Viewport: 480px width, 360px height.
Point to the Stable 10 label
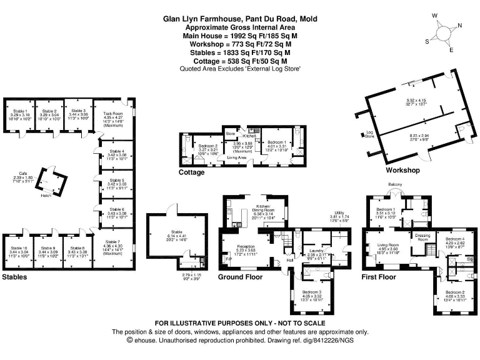pyautogui.click(x=20, y=248)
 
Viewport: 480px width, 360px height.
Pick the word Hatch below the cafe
pyautogui.click(x=46, y=196)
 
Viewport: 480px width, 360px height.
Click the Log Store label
pyautogui.click(x=369, y=134)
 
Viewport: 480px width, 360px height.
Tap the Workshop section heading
pyautogui.click(x=402, y=170)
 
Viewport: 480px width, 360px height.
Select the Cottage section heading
pyautogui.click(x=191, y=172)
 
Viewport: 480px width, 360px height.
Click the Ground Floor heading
pyautogui.click(x=240, y=276)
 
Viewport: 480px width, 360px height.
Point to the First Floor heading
pyautogui.click(x=379, y=276)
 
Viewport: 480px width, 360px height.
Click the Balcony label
pyautogui.click(x=396, y=184)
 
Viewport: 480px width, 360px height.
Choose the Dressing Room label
pyautogui.click(x=425, y=236)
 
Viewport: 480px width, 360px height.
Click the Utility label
pyautogui.click(x=341, y=213)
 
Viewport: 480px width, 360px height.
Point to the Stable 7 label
pyautogui.click(x=113, y=242)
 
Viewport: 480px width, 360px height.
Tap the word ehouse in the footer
pyautogui.click(x=145, y=340)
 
